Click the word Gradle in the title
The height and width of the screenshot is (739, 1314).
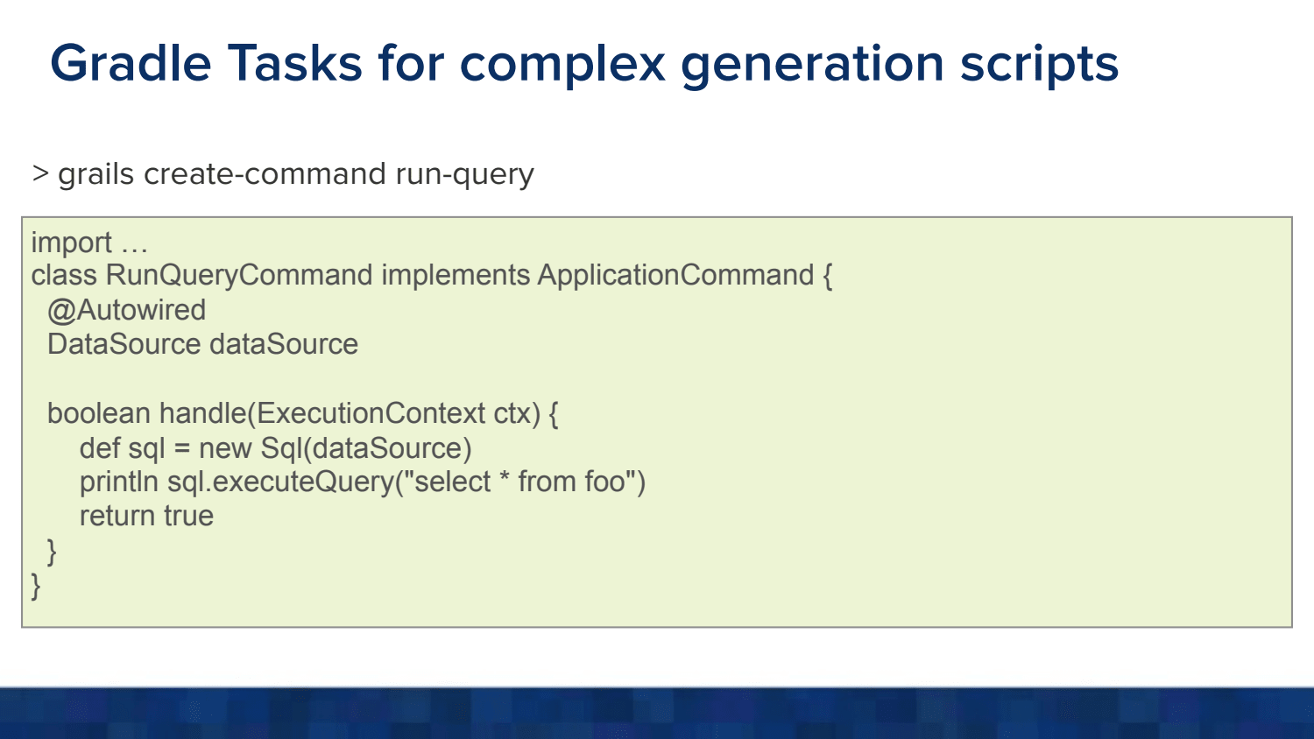[x=131, y=63]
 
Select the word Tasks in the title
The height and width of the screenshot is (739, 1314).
[x=295, y=63]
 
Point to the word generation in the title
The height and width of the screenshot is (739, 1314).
[x=812, y=66]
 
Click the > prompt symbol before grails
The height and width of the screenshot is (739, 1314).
[x=40, y=173]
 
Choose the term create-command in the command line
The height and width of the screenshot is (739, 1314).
[x=265, y=173]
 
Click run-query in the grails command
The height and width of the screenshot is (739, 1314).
[x=464, y=175]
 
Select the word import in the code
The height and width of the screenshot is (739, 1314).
[x=71, y=243]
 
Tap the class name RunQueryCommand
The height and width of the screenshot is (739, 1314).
[x=239, y=276]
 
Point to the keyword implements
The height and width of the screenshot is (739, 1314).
[x=456, y=276]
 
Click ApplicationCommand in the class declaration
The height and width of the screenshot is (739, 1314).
[x=675, y=276]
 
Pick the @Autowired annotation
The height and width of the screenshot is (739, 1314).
[x=127, y=310]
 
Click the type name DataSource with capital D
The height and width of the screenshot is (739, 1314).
[x=124, y=344]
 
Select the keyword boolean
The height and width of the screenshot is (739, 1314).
[x=98, y=413]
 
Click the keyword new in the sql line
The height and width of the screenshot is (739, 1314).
[x=225, y=448]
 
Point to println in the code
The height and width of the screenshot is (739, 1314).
[x=119, y=482]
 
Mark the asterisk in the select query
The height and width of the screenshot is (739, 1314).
[x=504, y=476]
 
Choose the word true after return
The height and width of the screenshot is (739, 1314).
[x=188, y=516]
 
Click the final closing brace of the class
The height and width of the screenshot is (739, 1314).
[x=36, y=586]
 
